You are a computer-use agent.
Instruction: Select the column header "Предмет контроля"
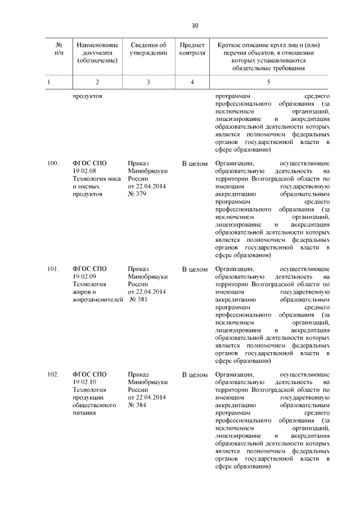[x=192, y=49]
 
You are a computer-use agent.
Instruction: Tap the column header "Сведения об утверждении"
[x=148, y=49]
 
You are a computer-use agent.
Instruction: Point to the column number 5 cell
[x=268, y=82]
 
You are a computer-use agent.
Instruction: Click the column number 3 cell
[x=148, y=82]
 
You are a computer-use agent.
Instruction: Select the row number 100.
[x=53, y=163]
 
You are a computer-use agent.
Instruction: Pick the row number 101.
[x=53, y=269]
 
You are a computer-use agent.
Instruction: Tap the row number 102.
[x=53, y=374]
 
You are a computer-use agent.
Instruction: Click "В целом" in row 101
[x=195, y=269]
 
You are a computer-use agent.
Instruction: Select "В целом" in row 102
[x=195, y=374]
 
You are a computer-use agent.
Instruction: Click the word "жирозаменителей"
[x=98, y=300]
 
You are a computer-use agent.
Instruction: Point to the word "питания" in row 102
[x=84, y=413]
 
